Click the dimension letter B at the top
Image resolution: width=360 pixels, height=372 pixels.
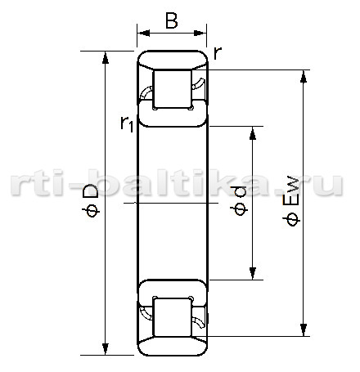click(172, 20)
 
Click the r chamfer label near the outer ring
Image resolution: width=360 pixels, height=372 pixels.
click(218, 53)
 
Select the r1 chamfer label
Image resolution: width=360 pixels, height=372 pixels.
click(127, 124)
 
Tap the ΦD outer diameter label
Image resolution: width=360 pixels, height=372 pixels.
click(91, 201)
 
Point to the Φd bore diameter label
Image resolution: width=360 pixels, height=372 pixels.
click(239, 201)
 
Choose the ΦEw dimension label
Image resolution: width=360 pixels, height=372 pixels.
click(291, 202)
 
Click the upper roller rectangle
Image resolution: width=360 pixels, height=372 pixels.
click(173, 89)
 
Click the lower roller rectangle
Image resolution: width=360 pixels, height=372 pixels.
click(173, 317)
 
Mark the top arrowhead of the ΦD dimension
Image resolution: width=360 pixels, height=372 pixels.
click(106, 57)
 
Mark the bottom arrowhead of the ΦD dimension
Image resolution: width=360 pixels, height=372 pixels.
click(106, 349)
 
